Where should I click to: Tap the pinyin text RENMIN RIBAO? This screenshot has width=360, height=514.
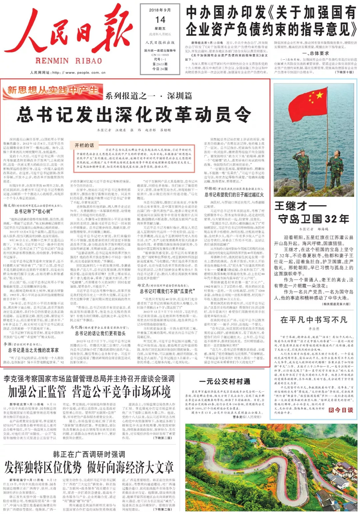69,61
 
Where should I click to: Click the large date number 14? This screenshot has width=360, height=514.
160,20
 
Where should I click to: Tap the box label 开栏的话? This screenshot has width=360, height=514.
84,145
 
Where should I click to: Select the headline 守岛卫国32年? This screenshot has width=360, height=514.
314,219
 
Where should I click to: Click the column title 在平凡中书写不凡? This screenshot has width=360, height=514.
314,320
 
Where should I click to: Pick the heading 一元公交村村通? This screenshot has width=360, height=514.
225,381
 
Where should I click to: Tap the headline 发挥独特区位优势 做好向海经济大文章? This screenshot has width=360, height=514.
89,468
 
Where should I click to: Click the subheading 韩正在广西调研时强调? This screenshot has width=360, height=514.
89,454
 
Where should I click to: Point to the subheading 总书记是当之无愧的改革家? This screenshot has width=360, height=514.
33,350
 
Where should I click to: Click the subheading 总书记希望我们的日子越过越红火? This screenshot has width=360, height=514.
234,195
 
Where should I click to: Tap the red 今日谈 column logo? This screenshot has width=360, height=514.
341,410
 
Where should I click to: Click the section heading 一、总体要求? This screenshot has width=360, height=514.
315,53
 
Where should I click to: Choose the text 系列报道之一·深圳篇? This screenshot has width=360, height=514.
149,96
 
